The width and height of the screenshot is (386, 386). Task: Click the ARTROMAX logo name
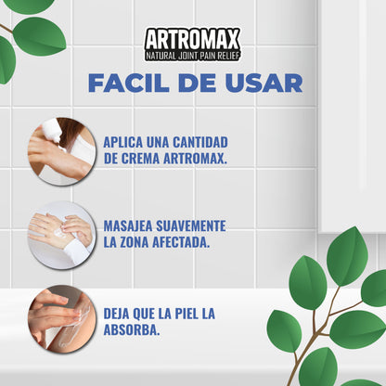[193, 39]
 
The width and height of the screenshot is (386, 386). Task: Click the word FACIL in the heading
[126, 83]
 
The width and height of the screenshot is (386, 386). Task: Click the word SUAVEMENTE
[197, 225]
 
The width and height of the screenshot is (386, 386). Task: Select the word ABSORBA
[132, 329]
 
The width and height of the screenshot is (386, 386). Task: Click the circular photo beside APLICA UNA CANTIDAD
[61, 150]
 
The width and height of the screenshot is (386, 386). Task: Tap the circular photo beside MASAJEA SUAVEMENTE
[61, 234]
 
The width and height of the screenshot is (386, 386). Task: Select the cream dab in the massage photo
[62, 234]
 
